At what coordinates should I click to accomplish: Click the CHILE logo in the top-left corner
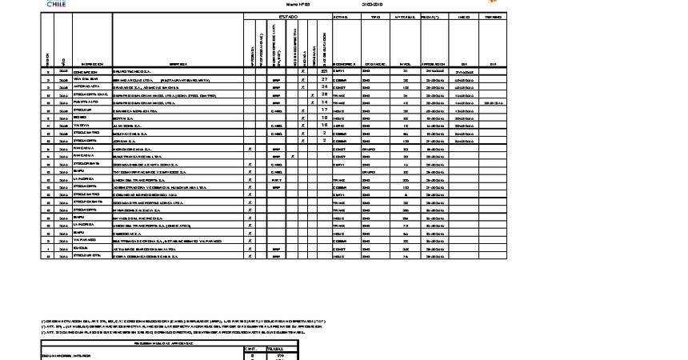[x=56, y=4]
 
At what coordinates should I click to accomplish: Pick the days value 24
[x=325, y=86]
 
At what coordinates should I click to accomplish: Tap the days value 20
[x=325, y=94]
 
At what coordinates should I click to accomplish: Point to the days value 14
[x=325, y=102]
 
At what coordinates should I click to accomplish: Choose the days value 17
[x=325, y=110]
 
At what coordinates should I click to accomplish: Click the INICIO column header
[x=463, y=16]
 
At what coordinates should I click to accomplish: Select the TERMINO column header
[x=494, y=16]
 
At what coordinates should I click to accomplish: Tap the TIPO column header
[x=375, y=16]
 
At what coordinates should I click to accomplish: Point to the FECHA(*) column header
[x=433, y=16]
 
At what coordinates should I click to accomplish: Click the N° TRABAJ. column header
[x=405, y=16]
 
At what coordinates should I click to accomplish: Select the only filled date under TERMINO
[x=494, y=102]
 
